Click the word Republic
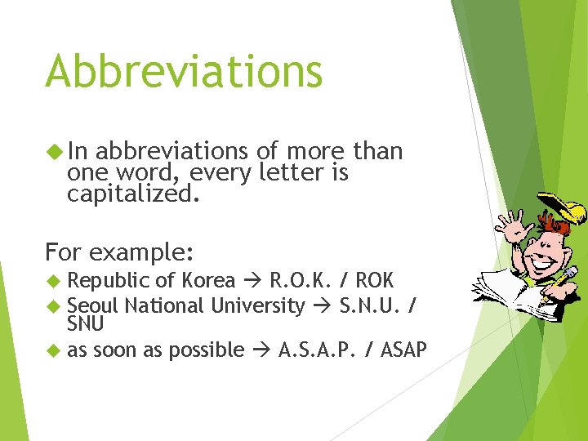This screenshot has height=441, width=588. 109,281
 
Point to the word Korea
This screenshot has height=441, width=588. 208,281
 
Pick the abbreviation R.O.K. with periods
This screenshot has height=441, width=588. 300,281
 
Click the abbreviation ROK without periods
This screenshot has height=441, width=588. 375,281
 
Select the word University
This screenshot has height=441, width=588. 257,306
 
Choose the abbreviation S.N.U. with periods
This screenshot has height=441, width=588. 369,306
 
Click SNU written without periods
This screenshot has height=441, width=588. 86,324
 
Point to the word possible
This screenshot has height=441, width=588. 212,350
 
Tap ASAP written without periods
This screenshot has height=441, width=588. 404,350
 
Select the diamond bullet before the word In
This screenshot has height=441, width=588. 54,152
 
